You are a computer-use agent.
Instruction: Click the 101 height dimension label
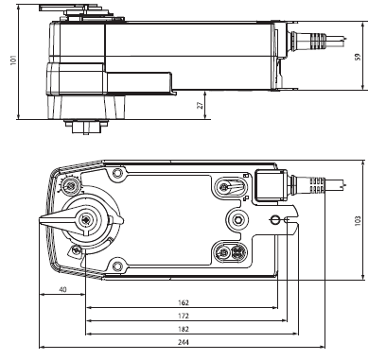[x=13, y=60]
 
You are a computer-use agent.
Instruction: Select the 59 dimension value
[x=358, y=57]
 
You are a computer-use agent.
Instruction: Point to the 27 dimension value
[x=200, y=105]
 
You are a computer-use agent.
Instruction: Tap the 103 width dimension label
[x=358, y=221]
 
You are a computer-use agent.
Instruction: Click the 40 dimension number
[x=63, y=289]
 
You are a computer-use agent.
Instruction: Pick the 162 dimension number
[x=184, y=302]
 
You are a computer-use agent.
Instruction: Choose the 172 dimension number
[x=184, y=316]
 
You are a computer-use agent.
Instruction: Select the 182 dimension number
[x=184, y=329]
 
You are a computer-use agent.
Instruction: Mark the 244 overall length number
[x=184, y=342]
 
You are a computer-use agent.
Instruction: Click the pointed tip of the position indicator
[x=40, y=221]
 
